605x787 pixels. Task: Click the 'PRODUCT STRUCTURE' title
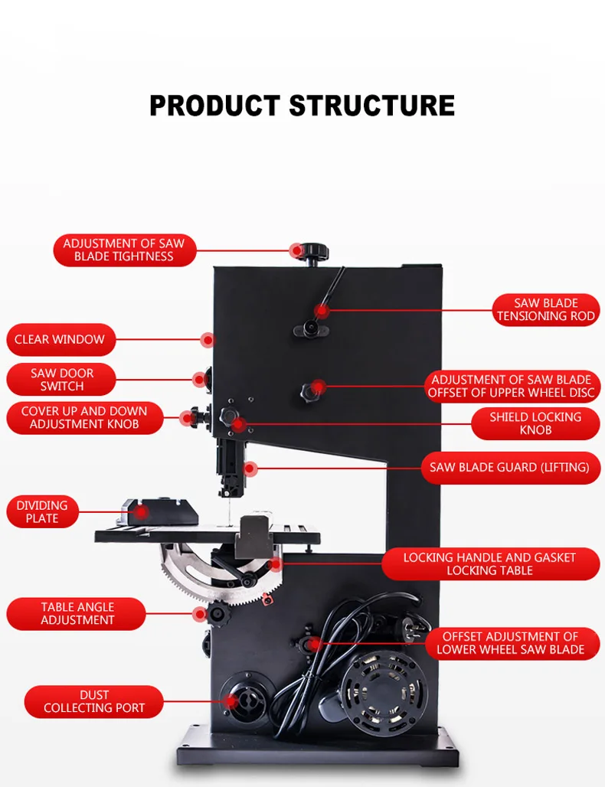pos(302,105)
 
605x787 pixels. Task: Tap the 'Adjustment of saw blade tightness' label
pos(124,250)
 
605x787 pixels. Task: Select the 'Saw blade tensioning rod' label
pos(545,309)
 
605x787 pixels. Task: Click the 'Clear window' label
pos(60,339)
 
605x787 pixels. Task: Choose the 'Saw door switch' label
pos(62,380)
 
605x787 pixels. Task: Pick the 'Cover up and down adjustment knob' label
pos(84,417)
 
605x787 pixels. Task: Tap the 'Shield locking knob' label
pos(535,423)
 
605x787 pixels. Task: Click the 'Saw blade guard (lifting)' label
pos(509,467)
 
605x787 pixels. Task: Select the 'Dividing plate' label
pos(42,511)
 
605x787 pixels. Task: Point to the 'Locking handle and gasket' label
pos(489,564)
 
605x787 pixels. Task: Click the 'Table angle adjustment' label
pos(77,613)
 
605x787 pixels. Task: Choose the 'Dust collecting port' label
pos(94,701)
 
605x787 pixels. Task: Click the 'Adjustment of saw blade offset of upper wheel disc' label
pos(511,387)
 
